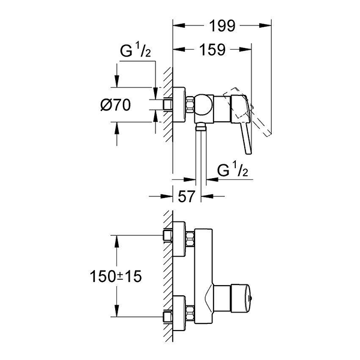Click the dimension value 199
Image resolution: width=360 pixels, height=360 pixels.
(x=222, y=26)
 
